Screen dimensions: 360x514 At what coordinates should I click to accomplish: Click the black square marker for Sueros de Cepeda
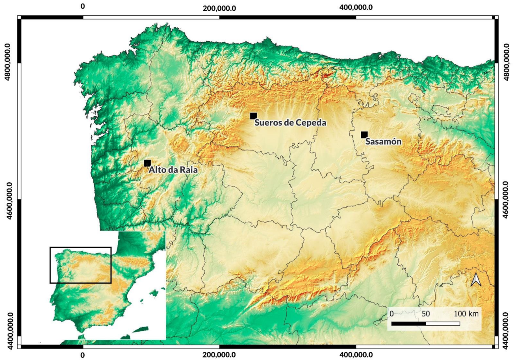pyautogui.click(x=253, y=116)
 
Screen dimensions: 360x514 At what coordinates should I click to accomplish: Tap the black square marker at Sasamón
pyautogui.click(x=364, y=135)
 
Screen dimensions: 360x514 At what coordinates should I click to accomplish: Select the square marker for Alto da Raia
pyautogui.click(x=147, y=163)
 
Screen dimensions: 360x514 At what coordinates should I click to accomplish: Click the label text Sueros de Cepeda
pyautogui.click(x=290, y=123)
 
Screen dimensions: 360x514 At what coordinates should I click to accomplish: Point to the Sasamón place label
pyautogui.click(x=383, y=142)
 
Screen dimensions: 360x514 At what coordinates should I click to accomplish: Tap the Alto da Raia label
pyautogui.click(x=173, y=170)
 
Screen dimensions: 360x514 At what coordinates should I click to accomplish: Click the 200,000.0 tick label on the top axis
pyautogui.click(x=219, y=7)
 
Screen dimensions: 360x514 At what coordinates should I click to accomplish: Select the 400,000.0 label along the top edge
pyautogui.click(x=356, y=7)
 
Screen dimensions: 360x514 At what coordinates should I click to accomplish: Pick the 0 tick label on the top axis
pyautogui.click(x=83, y=7)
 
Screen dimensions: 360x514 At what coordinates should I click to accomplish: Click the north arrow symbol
pyautogui.click(x=476, y=280)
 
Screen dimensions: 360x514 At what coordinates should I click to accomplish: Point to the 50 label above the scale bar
pyautogui.click(x=425, y=314)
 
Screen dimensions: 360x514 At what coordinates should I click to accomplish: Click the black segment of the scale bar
pyautogui.click(x=408, y=323)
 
